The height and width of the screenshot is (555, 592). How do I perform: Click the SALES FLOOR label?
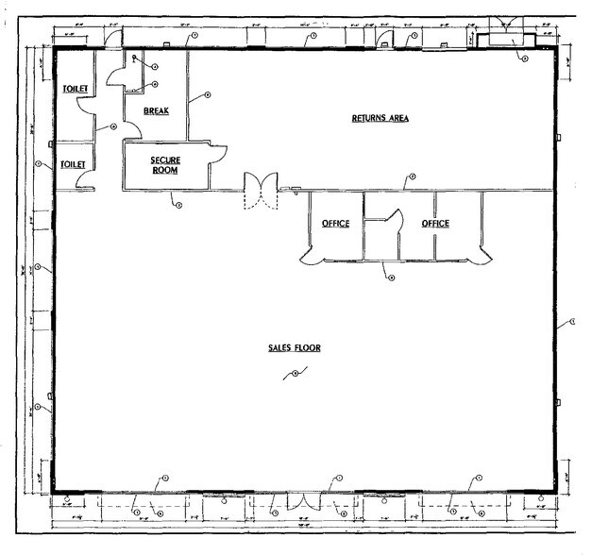coord(294,348)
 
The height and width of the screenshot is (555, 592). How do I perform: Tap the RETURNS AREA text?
coord(380,118)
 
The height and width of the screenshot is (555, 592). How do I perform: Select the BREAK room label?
coord(156,111)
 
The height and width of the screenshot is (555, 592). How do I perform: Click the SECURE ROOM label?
coord(165,165)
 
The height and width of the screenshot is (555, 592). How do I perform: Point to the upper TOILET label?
coord(76,89)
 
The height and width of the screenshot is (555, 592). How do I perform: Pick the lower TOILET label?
coord(74,164)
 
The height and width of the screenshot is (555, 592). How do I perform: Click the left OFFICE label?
coord(335,224)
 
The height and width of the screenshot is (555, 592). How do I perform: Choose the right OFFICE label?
coord(435,224)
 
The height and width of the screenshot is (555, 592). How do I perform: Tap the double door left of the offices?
coord(259,191)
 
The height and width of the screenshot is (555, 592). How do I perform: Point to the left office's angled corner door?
coord(309,253)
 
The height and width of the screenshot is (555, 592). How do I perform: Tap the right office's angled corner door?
coord(483,253)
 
